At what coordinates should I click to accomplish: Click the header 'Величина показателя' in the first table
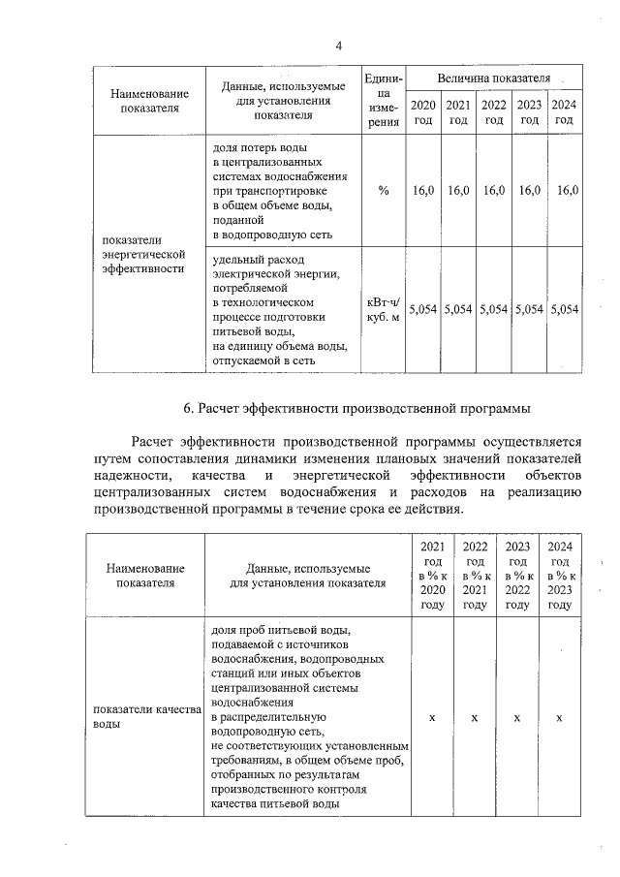pyautogui.click(x=493, y=77)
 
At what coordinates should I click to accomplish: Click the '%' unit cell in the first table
pyautogui.click(x=384, y=191)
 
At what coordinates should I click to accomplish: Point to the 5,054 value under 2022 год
pyautogui.click(x=493, y=309)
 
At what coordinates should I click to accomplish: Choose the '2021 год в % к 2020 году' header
pyautogui.click(x=432, y=576)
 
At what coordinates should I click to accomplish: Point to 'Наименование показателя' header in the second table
pyautogui.click(x=145, y=576)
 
